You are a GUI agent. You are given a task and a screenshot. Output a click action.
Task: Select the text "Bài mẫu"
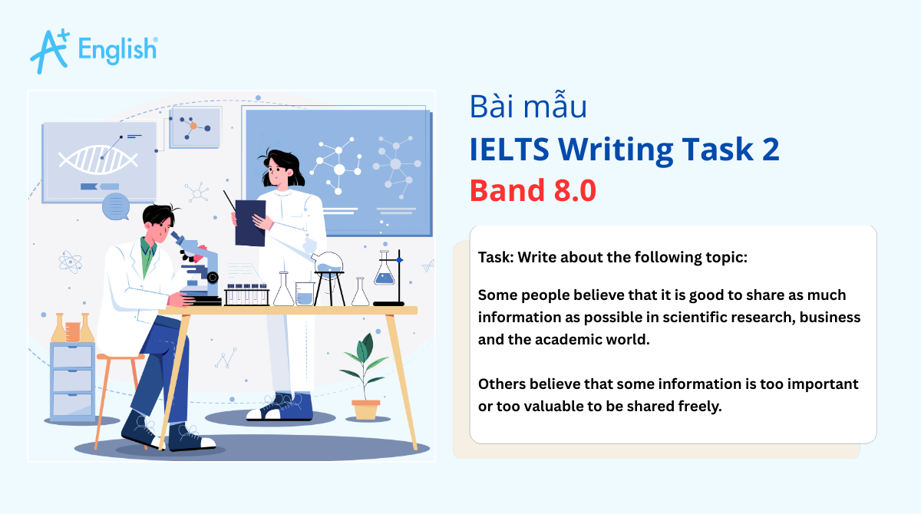click(x=528, y=107)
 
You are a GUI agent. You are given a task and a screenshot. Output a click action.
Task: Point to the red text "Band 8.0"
click(x=533, y=190)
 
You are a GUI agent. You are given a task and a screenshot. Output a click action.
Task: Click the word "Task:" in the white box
click(x=495, y=257)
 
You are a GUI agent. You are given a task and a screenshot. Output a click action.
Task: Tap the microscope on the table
click(x=196, y=265)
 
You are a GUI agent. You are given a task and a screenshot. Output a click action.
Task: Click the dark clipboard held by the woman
click(x=249, y=221)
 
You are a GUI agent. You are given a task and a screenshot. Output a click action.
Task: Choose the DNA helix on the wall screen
click(x=98, y=158)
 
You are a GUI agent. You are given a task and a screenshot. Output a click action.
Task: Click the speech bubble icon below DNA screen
click(x=116, y=206)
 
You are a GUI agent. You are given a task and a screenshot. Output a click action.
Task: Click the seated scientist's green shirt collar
click(x=148, y=254)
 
